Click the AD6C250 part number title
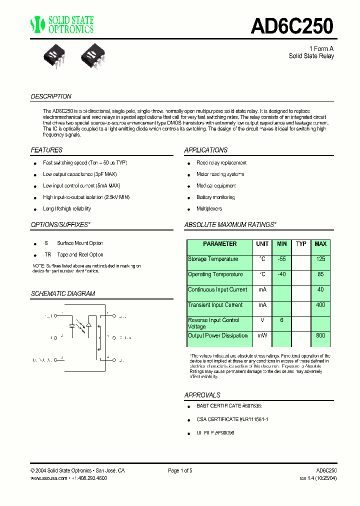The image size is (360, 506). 292,26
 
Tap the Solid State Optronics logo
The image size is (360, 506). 62,24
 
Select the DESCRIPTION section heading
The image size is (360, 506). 51,96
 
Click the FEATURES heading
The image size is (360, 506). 46,150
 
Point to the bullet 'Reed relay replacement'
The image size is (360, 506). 221,163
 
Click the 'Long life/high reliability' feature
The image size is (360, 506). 67,209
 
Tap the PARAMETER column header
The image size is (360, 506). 219,244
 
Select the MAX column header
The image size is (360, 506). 320,244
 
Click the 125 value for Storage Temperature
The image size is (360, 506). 320,259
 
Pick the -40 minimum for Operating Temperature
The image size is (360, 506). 282,274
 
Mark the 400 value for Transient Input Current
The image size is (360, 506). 320,304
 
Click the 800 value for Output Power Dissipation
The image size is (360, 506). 320,335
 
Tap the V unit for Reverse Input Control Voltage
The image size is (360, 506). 262,320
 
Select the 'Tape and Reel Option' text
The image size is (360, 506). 80,255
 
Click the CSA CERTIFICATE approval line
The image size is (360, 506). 232,419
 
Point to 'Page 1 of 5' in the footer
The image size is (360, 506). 180,471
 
